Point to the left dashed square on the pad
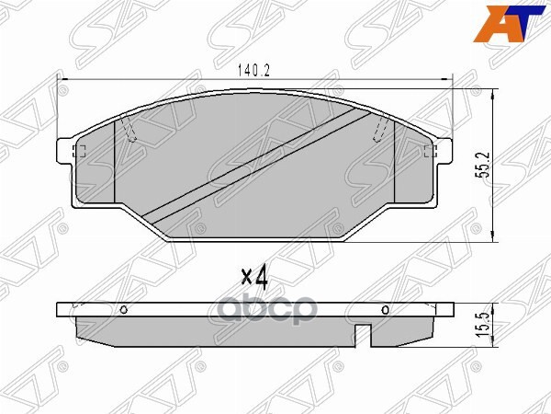[78, 152]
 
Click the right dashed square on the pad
[428, 152]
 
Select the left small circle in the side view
[121, 310]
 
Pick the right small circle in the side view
[385, 309]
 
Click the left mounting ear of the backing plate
[64, 152]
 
